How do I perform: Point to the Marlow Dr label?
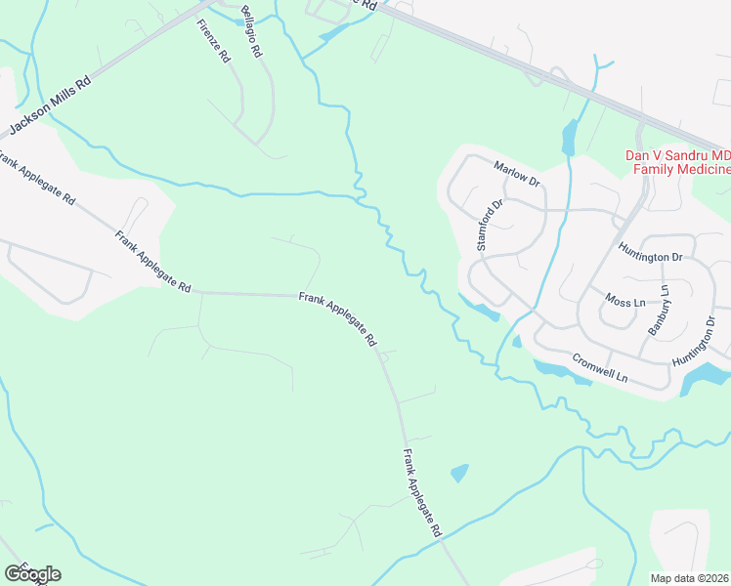point(517,174)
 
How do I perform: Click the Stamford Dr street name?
point(489,226)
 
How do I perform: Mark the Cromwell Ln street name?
point(598,367)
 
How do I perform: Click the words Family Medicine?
point(681,170)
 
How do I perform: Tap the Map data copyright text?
point(689,578)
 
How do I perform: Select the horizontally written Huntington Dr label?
point(650,256)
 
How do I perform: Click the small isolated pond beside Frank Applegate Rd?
point(458,474)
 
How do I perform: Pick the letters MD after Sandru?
point(720,156)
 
